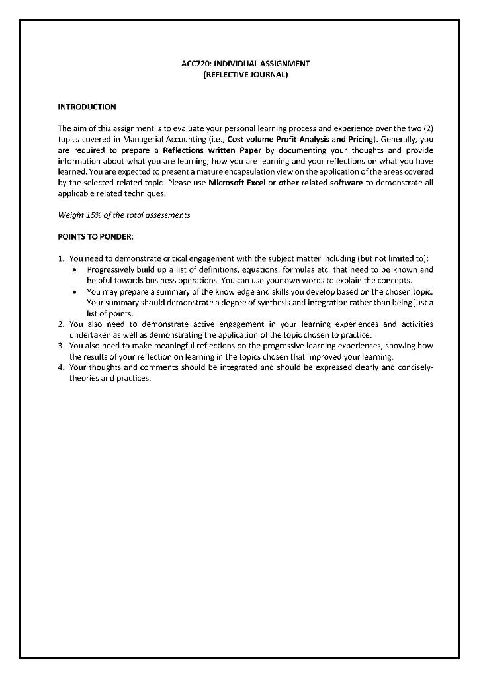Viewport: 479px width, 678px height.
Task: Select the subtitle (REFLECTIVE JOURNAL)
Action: pos(245,75)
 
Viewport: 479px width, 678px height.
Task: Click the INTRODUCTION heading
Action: pos(87,107)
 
